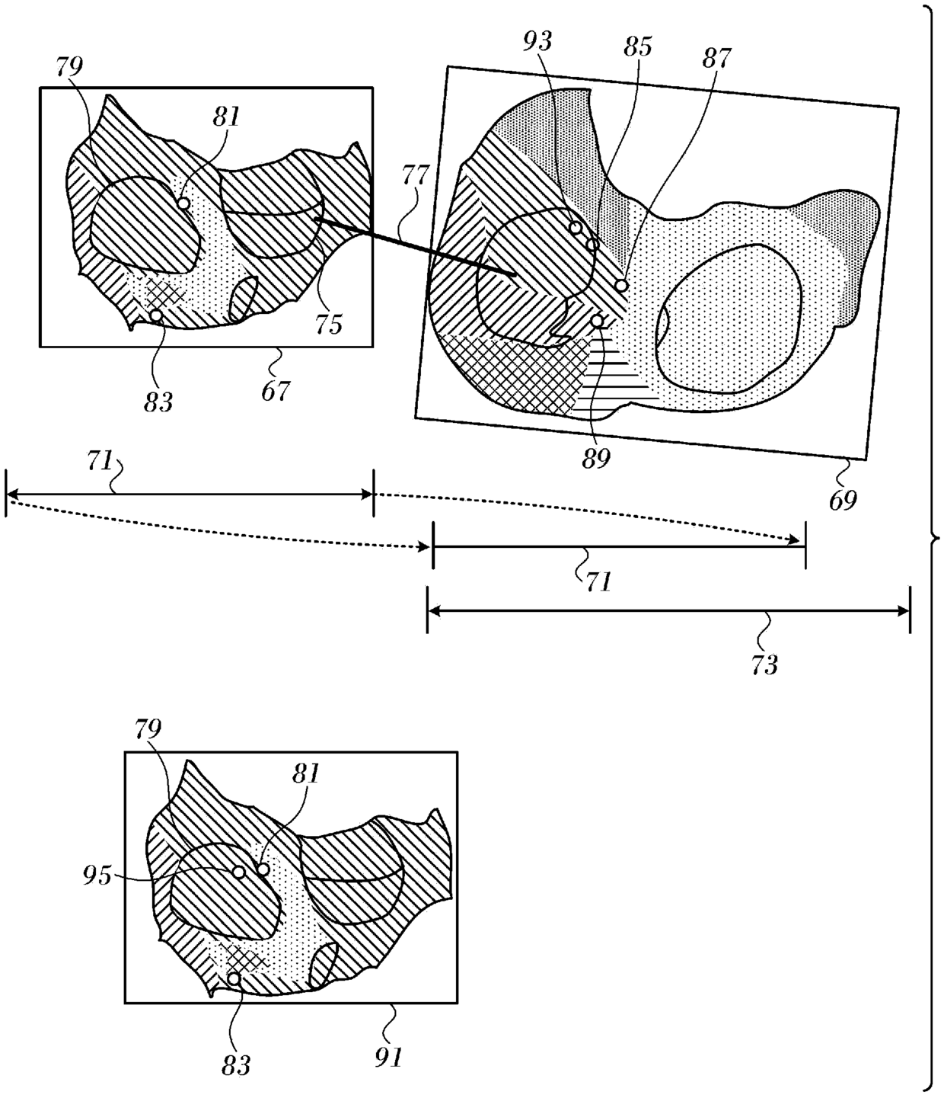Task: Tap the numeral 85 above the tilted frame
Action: point(637,46)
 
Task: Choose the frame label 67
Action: point(276,391)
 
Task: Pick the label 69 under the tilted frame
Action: point(842,500)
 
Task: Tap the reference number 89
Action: point(596,459)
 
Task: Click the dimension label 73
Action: point(764,664)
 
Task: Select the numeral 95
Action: point(97,876)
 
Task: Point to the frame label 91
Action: point(388,1056)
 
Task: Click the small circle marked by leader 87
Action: point(621,285)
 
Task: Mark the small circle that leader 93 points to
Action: point(576,227)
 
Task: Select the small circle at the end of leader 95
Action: point(238,872)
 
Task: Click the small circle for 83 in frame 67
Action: point(155,315)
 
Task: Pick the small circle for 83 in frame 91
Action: point(234,978)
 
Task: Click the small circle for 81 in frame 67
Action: point(183,203)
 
